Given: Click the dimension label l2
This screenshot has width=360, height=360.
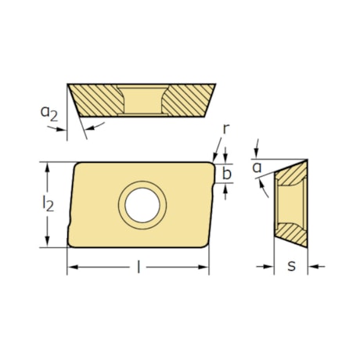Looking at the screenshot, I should pyautogui.click(x=49, y=205).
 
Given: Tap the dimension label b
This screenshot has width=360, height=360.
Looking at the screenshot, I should pyautogui.click(x=226, y=173).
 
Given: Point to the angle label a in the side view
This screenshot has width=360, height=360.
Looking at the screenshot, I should pyautogui.click(x=256, y=167).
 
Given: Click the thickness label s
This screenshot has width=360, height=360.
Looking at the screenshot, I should pyautogui.click(x=290, y=266).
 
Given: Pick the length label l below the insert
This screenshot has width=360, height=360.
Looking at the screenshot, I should pyautogui.click(x=139, y=268).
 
